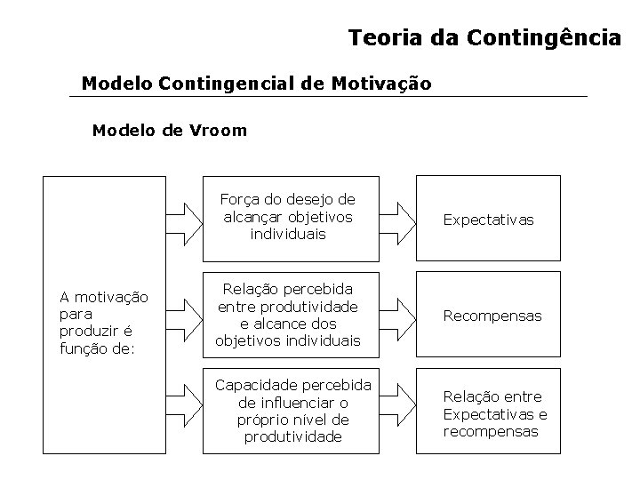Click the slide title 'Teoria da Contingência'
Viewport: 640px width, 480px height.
(x=484, y=38)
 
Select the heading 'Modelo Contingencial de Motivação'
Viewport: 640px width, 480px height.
(x=256, y=84)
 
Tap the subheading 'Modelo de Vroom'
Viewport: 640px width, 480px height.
(x=170, y=131)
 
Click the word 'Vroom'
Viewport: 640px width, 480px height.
(x=218, y=131)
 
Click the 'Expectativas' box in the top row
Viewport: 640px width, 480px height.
(x=489, y=219)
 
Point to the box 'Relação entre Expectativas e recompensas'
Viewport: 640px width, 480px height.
(x=495, y=413)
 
